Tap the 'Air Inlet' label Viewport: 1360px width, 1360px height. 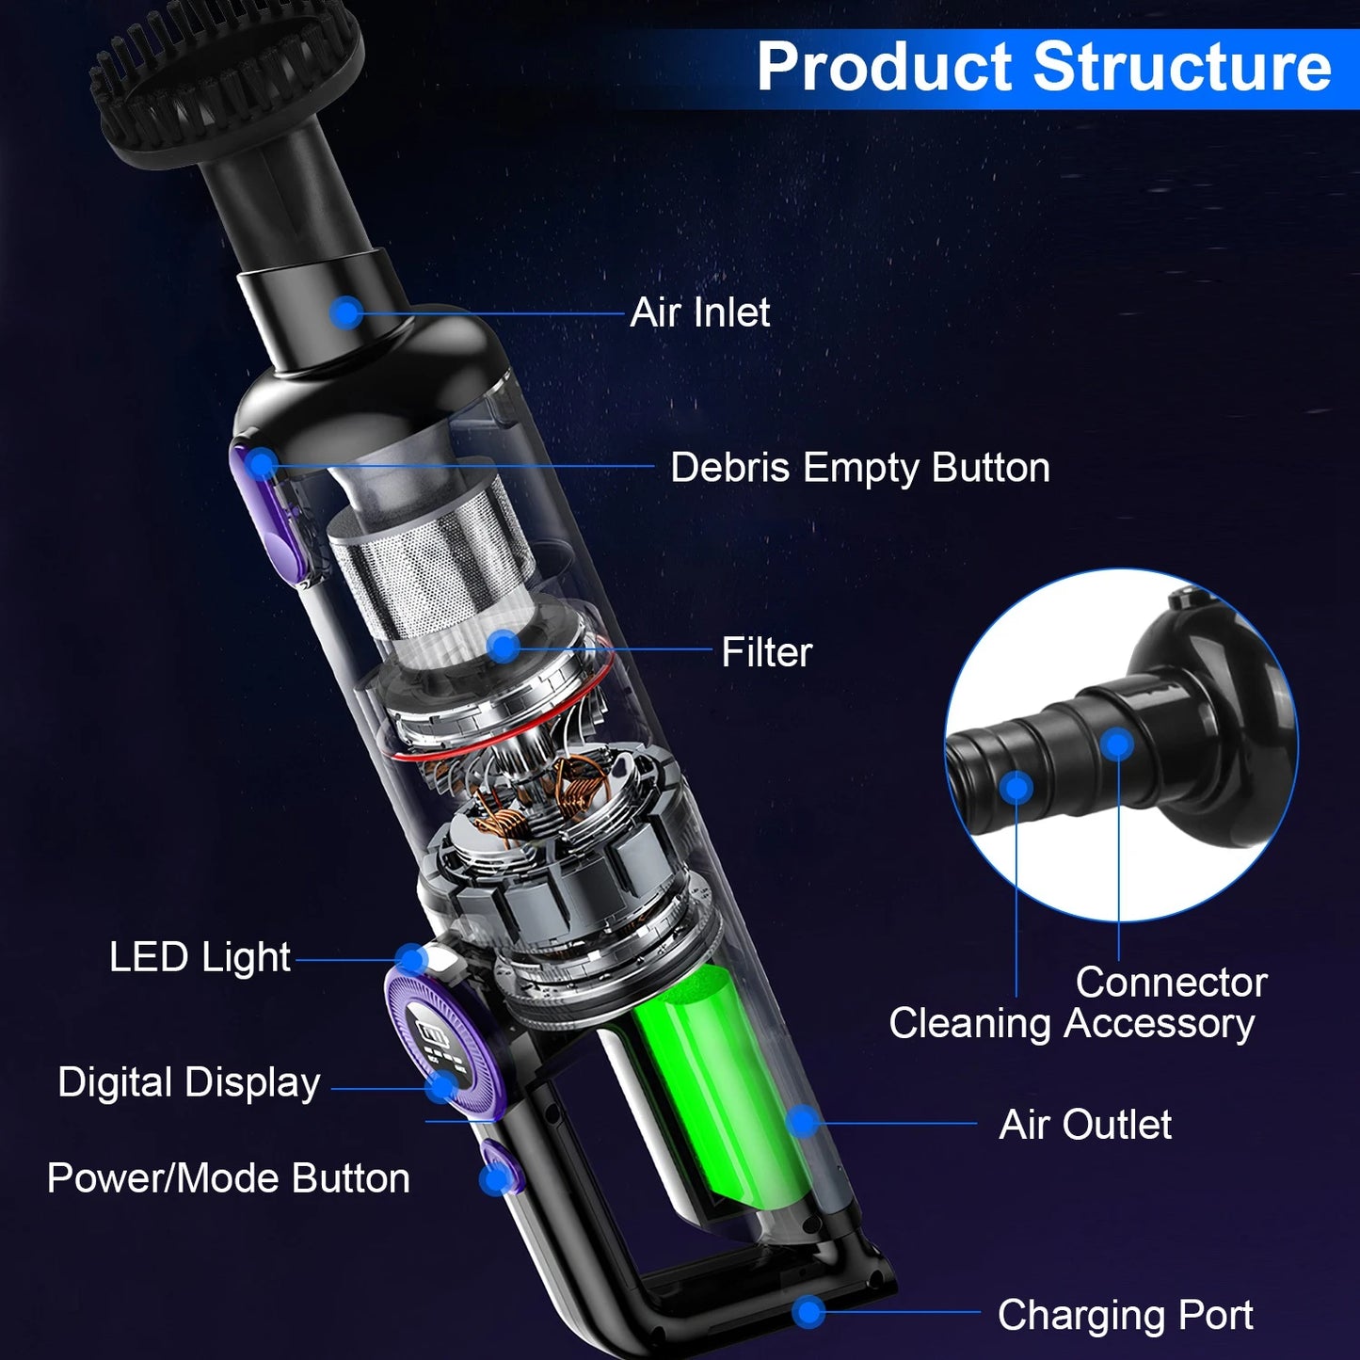(700, 312)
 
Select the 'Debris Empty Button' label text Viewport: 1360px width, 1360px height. (859, 468)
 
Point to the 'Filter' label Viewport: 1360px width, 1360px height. (766, 652)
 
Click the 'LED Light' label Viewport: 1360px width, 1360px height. (200, 958)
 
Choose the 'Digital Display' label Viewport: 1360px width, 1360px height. (189, 1082)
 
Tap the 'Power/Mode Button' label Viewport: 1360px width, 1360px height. (229, 1178)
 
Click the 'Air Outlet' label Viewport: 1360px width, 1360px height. (1085, 1125)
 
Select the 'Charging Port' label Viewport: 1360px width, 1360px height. (1125, 1315)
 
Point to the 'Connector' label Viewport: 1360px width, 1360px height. (1171, 983)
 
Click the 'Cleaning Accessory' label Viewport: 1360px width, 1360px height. (1071, 1024)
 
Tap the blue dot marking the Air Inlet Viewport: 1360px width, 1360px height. (347, 312)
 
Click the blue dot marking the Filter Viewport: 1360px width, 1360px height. (505, 647)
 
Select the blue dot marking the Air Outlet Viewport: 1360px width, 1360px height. (803, 1121)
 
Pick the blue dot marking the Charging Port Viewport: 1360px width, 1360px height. (808, 1312)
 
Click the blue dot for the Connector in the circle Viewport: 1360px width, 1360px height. (1117, 745)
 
